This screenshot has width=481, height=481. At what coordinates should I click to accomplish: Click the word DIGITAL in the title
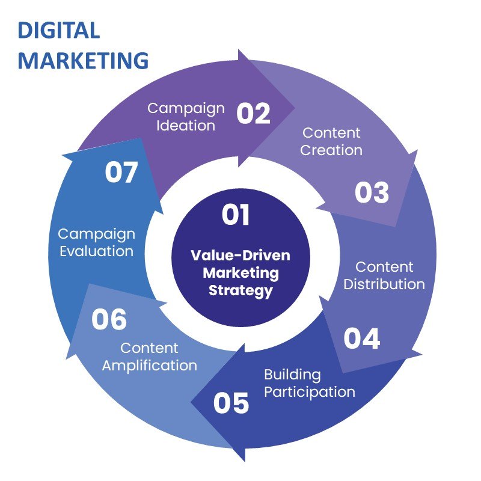click(58, 31)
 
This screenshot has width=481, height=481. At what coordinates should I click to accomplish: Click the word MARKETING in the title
click(83, 60)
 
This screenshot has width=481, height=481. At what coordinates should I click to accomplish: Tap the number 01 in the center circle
click(236, 215)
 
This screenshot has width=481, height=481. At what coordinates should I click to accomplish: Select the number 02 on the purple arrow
click(253, 113)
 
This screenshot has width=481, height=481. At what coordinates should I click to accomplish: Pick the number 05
click(231, 402)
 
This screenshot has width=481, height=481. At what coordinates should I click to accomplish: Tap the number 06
click(109, 319)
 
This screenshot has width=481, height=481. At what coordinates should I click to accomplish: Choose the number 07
click(121, 173)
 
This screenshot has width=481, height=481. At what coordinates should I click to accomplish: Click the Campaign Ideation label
click(186, 117)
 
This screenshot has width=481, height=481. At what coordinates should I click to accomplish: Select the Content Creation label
click(331, 141)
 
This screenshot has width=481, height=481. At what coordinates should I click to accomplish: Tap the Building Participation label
click(309, 383)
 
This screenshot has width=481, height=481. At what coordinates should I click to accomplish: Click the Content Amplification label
click(149, 356)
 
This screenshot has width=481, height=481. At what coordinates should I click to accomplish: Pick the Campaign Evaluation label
click(96, 242)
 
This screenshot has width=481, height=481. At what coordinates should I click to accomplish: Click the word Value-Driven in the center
click(240, 255)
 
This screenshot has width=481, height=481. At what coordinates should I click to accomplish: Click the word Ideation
click(186, 125)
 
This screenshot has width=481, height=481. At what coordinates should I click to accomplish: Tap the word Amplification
click(149, 364)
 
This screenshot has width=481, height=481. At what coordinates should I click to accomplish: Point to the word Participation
click(309, 391)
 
